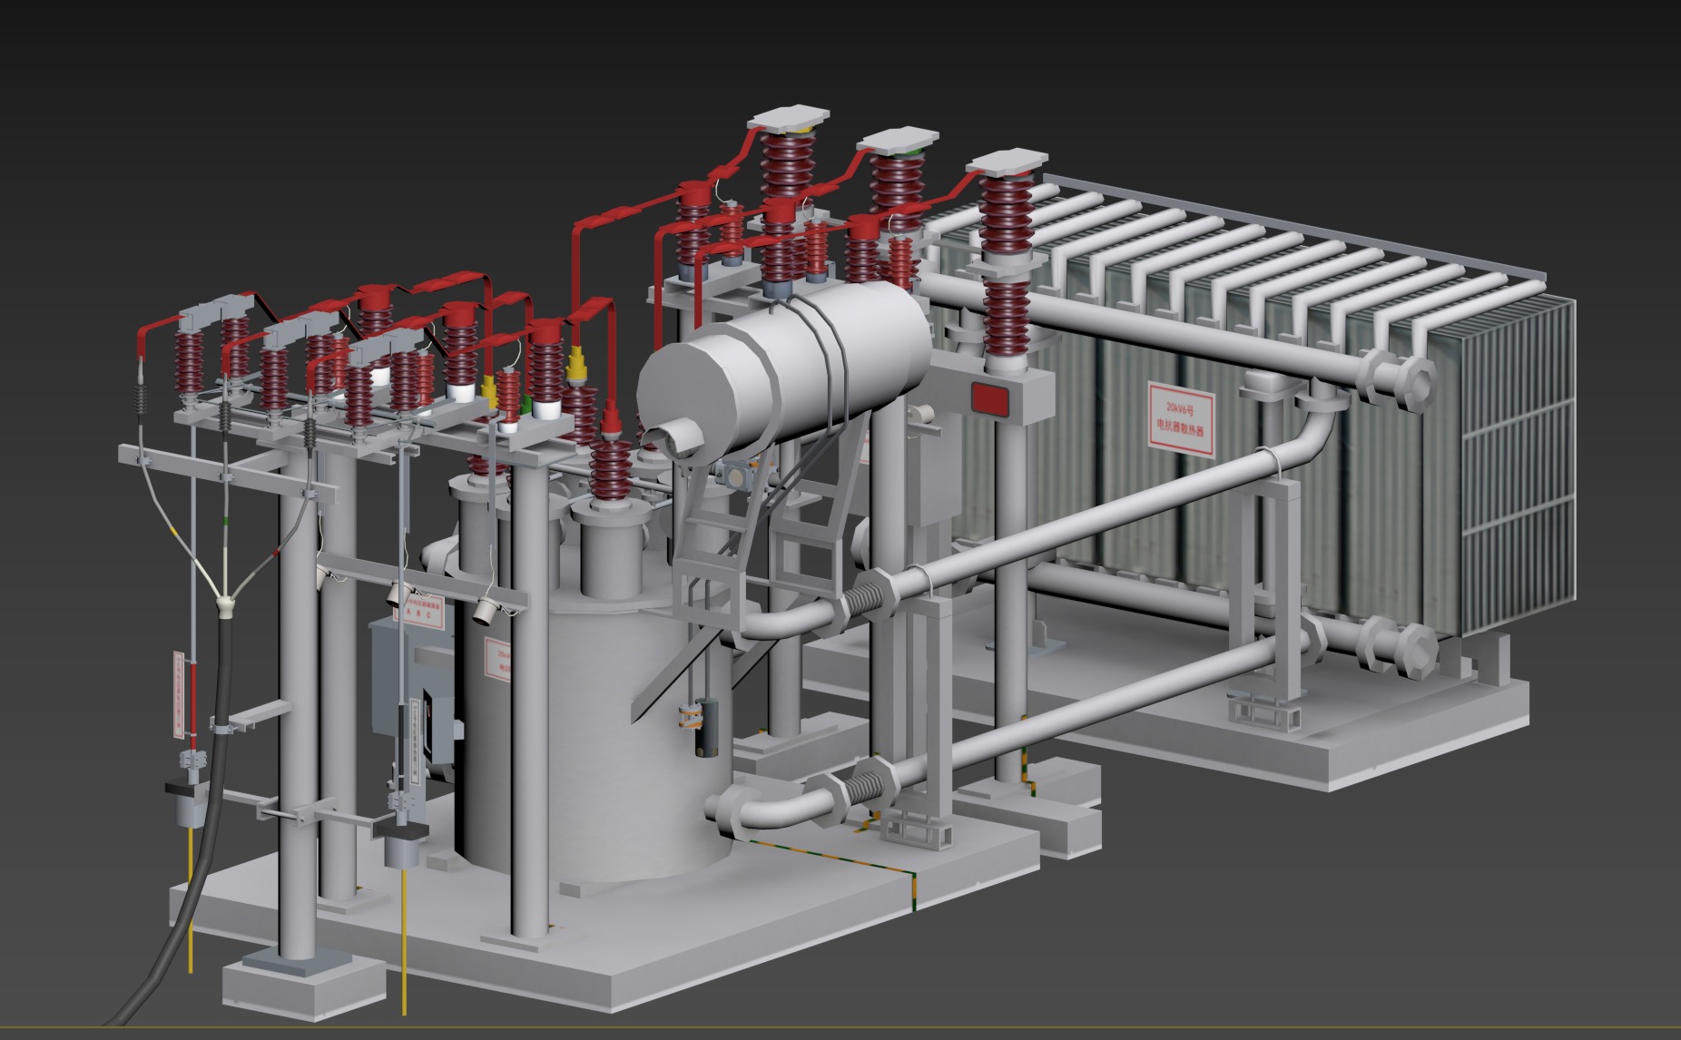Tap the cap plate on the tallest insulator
[790, 120]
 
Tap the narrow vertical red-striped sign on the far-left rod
[178, 692]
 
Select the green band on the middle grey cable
[224, 521]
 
